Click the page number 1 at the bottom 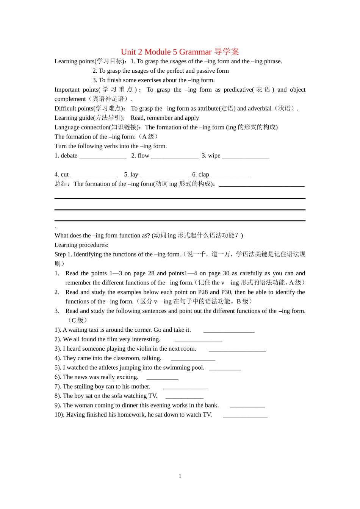tap(180, 476)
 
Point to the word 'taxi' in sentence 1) tap(93, 330)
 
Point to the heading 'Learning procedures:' tap(81, 245)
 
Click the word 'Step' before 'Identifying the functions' tap(60, 254)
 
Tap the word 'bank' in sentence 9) tap(211, 405)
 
